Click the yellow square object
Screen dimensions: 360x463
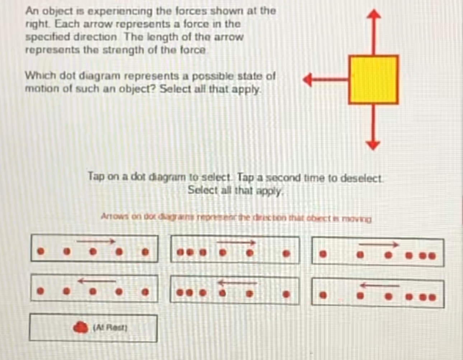click(373, 80)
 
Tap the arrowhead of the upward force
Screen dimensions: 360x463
click(374, 14)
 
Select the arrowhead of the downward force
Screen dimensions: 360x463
click(373, 145)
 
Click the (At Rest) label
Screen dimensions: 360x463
click(110, 327)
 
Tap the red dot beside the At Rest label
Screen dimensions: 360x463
click(81, 327)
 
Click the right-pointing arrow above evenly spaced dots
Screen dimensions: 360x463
click(95, 241)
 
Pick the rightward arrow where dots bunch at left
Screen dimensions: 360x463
click(236, 243)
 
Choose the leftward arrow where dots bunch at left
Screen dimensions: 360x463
click(237, 283)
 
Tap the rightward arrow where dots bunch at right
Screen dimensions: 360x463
click(379, 245)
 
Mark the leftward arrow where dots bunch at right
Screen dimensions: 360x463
click(379, 285)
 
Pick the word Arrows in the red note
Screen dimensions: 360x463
click(112, 217)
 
